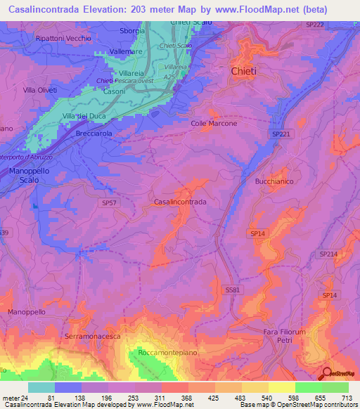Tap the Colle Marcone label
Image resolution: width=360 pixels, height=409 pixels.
(214, 124)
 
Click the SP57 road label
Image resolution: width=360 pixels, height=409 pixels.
(108, 202)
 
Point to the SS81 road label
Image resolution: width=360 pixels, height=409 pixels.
(233, 290)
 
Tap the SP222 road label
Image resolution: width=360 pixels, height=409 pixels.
(335, 25)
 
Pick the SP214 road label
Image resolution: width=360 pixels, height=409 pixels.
(328, 254)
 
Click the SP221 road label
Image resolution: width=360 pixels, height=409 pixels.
(280, 133)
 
